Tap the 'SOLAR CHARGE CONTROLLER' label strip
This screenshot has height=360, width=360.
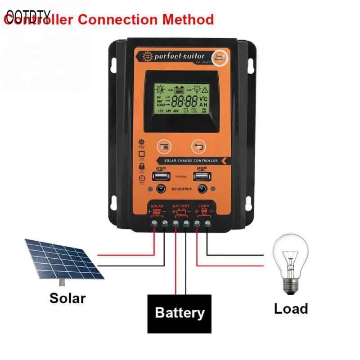(x=191, y=161)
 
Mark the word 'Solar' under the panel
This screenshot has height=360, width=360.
(x=67, y=298)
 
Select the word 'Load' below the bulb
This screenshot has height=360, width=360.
(x=291, y=309)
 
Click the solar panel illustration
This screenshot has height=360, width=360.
(x=63, y=258)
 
